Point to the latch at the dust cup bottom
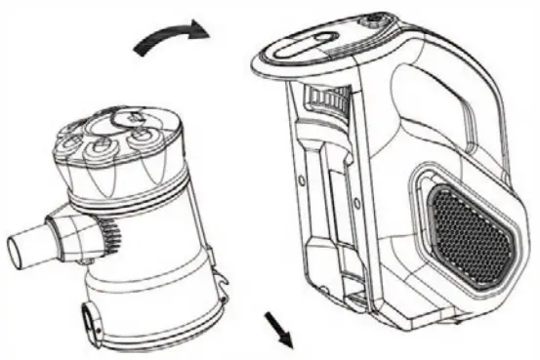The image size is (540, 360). pyautogui.click(x=93, y=316)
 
